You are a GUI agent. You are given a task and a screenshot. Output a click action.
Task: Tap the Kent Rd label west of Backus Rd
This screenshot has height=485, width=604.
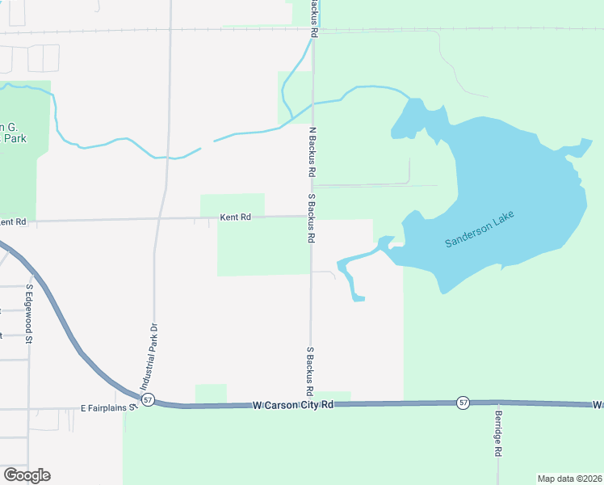coord(236,217)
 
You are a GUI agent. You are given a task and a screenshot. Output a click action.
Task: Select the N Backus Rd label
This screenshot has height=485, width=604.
coord(311,151)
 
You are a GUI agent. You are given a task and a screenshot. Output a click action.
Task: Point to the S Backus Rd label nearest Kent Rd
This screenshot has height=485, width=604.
coord(311,218)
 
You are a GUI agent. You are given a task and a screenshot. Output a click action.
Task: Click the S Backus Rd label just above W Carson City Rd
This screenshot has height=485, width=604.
coord(310,372)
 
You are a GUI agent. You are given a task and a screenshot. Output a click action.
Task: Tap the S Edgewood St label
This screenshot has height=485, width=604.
coord(28,314)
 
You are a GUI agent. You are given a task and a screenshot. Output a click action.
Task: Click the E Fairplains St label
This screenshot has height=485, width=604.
coord(109,408)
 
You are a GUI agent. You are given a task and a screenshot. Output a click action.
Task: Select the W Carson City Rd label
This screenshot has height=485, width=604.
coord(292,405)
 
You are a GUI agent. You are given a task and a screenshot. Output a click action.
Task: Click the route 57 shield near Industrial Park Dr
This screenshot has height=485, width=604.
coord(147,400)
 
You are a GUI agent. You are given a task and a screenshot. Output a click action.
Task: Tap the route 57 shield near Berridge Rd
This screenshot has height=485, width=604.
coord(462,402)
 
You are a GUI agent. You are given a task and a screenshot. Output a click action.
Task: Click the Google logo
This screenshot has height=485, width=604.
coord(27,475)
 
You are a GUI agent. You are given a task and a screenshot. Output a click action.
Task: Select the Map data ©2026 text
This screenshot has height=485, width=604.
coord(568,479)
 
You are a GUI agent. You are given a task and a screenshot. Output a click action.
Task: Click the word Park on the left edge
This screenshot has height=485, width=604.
coord(14,138)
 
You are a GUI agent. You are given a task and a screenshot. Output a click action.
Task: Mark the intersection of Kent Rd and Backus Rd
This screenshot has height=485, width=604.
coord(312,216)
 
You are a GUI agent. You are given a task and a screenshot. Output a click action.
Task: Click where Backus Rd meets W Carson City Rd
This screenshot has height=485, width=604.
coord(311,403)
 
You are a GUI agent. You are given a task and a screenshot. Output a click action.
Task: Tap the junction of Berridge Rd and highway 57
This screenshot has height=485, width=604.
coord(497,402)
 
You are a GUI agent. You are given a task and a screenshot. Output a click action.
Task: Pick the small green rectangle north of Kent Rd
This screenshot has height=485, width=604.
coord(233,205)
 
